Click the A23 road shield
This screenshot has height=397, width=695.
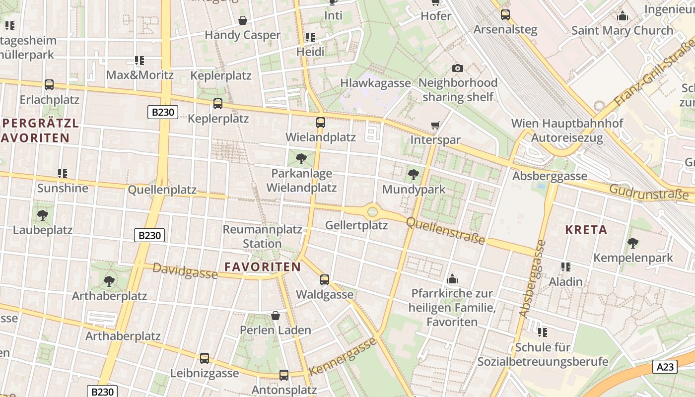[x=664, y=367]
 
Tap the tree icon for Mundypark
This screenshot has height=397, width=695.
[x=413, y=175]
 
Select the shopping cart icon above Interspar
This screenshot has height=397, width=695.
[x=435, y=126]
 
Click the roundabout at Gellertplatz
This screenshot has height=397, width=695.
[x=372, y=212]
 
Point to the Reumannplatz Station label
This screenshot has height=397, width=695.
[x=262, y=237]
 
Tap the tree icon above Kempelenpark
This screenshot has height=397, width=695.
[x=632, y=243]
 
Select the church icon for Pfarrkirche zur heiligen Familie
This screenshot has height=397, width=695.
[x=452, y=279]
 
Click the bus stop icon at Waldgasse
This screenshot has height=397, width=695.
[x=325, y=280]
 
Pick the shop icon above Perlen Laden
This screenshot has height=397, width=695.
[x=276, y=316]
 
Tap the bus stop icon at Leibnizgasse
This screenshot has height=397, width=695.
[x=205, y=358]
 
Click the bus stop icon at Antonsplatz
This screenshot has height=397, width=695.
[x=284, y=375]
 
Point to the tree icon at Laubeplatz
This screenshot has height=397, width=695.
[x=43, y=215]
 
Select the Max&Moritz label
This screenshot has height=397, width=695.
[x=140, y=75]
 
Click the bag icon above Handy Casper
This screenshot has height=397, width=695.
[x=243, y=20]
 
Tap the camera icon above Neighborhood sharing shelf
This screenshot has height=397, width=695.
[x=458, y=68]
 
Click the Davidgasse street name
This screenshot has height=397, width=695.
[x=185, y=271]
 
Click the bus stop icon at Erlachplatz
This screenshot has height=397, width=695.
[x=49, y=85]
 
